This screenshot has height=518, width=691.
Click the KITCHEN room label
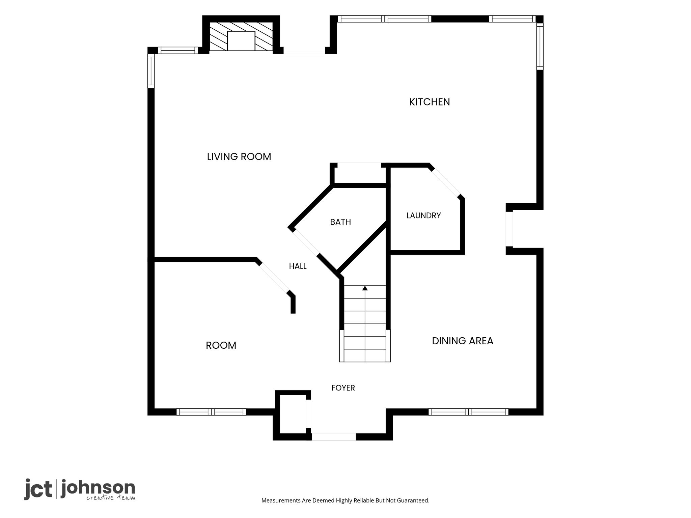(x=430, y=102)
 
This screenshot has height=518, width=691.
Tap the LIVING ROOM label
(x=239, y=157)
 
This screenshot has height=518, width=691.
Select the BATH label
(x=340, y=222)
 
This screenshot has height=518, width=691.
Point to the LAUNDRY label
(x=423, y=215)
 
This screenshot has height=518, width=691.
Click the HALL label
(x=298, y=266)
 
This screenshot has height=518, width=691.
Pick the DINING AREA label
(x=463, y=341)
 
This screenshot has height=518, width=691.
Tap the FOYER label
(x=343, y=388)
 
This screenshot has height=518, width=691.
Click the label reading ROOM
(x=221, y=345)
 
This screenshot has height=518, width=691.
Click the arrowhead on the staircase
(x=365, y=288)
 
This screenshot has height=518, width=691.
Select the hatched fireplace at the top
(x=241, y=36)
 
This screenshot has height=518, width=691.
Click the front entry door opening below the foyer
(x=333, y=437)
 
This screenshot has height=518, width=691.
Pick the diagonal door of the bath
(x=306, y=242)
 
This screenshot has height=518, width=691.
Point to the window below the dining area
(x=468, y=412)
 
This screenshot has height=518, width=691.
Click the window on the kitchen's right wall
(x=540, y=47)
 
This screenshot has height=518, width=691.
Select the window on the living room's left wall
(x=151, y=71)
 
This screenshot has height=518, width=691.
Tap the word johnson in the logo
(x=98, y=488)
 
